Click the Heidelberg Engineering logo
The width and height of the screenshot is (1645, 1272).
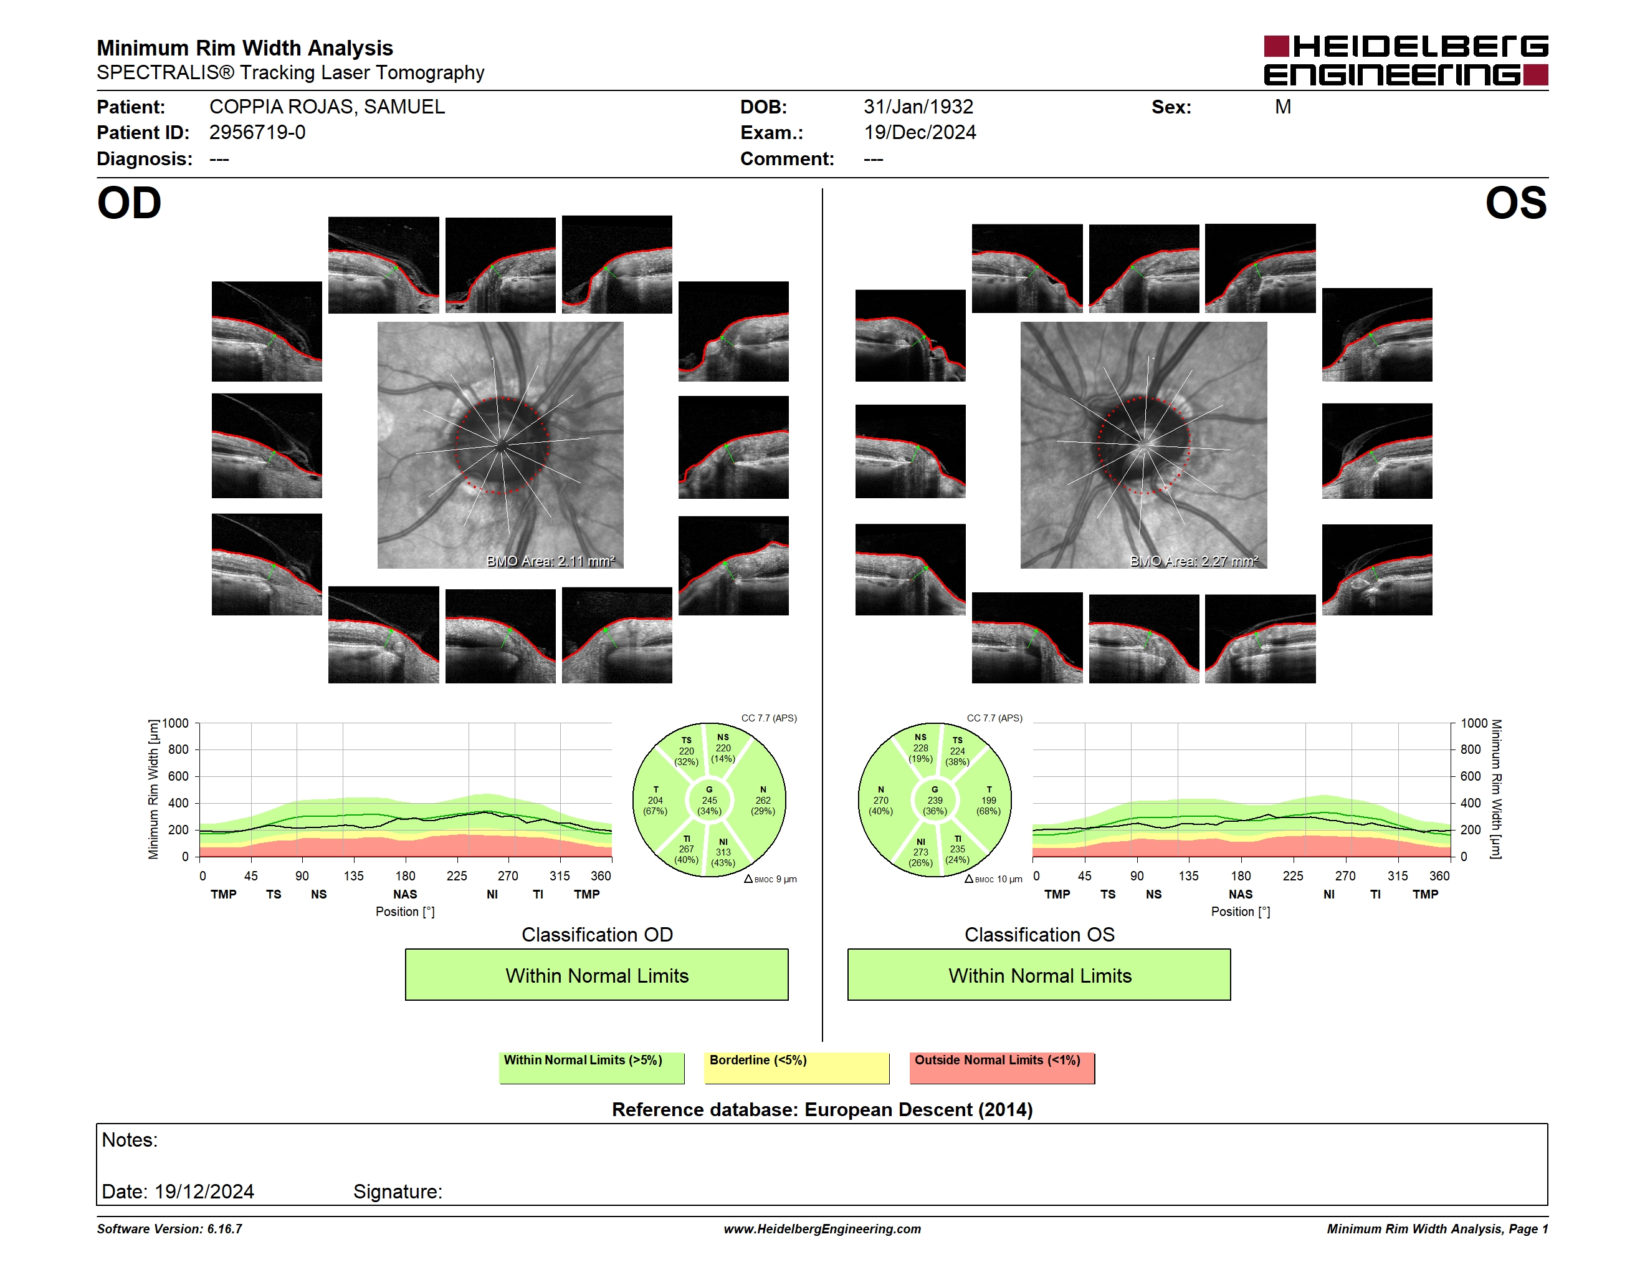1406,60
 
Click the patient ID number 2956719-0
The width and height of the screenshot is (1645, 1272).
257,133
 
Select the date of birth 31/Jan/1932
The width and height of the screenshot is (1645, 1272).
918,107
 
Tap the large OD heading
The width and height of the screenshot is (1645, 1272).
130,203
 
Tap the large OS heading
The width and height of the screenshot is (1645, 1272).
1515,203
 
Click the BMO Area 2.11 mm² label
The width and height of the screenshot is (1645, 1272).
551,561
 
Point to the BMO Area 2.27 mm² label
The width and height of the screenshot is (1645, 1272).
1194,561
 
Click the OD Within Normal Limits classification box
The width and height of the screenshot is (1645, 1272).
596,975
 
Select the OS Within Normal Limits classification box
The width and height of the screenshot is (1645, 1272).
1039,975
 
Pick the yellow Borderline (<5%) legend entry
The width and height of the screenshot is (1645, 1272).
797,1067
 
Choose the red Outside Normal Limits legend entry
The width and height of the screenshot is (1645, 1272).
1002,1067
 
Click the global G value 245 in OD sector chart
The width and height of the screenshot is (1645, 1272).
710,800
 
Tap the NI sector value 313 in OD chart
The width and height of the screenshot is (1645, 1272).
723,852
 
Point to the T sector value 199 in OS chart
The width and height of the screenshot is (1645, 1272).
989,800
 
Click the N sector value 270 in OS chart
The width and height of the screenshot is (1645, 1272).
880,800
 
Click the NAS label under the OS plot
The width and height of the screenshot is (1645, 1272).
1241,895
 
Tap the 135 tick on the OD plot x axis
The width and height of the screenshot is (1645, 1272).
353,875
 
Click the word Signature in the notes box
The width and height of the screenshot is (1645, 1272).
398,1192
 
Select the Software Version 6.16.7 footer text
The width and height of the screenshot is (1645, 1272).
169,1229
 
